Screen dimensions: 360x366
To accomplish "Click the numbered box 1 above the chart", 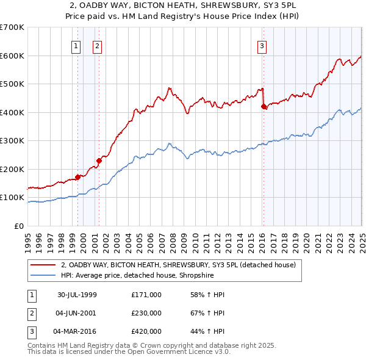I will [76, 45].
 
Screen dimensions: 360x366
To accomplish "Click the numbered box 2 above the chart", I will [97, 45].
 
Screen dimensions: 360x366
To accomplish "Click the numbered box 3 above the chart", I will [262, 45].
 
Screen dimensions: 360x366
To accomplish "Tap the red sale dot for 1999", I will [78, 178].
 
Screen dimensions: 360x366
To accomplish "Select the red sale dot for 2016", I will [264, 107].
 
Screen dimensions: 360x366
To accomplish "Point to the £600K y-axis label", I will [13, 56].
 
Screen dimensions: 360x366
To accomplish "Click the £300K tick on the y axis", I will [13, 141].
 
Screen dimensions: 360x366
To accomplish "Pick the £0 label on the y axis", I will [20, 226].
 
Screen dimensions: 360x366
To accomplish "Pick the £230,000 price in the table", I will [146, 313].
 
